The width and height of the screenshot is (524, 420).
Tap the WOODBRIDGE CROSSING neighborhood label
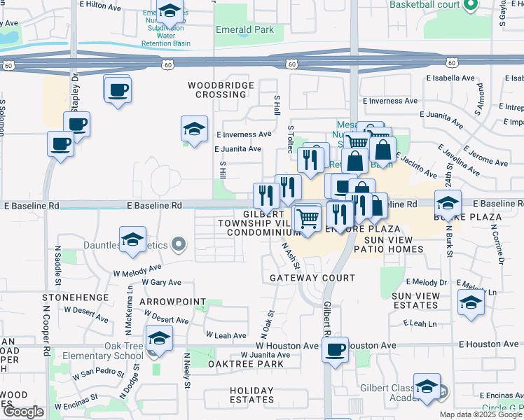(216, 90)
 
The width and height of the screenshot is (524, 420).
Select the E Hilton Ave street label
(102, 4)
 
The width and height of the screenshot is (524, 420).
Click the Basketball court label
(425, 5)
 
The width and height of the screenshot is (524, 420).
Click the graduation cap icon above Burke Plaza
(448, 204)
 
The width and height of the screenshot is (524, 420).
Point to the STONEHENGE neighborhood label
(81, 297)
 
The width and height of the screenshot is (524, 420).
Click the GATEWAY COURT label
(312, 278)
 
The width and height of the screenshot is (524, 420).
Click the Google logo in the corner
(23, 412)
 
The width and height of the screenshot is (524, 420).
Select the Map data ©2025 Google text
(480, 414)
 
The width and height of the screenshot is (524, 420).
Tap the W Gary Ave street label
(161, 283)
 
